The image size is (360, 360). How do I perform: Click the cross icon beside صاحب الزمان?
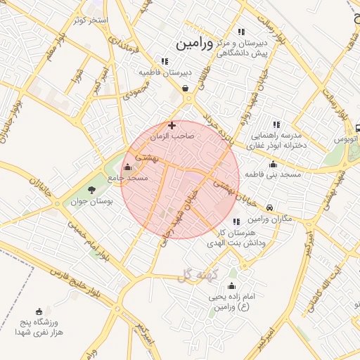pos(172,125)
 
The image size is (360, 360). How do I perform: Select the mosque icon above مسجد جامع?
pos(127,167)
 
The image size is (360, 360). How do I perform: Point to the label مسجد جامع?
pos(129,178)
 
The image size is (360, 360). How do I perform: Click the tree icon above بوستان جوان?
pos(91,190)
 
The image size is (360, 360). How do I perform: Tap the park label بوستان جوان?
pos(93,202)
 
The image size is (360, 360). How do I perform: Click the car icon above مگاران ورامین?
pos(270,207)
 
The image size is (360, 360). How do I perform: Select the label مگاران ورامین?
pos(269,219)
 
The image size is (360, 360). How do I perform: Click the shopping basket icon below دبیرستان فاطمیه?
pos(185,89)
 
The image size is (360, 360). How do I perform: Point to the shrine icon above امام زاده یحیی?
pos(231,286)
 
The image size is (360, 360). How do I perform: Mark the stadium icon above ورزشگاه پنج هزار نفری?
pos(39,311)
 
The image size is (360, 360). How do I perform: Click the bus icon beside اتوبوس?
pos(357,128)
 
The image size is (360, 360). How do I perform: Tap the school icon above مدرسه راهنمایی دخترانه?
pos(276,124)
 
